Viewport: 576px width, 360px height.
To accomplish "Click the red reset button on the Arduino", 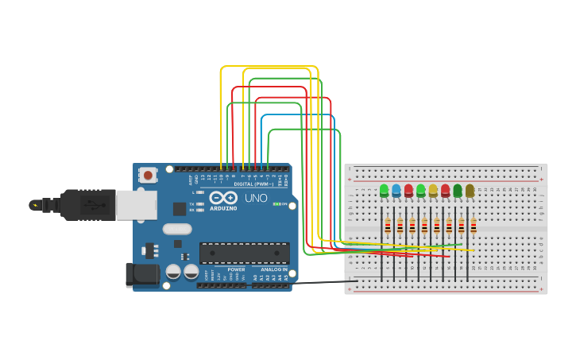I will pyautogui.click(x=147, y=174).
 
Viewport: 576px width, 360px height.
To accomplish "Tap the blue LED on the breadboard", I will pyautogui.click(x=396, y=190).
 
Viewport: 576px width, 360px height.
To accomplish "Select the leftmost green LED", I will pyautogui.click(x=385, y=190).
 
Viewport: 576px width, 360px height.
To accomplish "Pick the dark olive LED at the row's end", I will pyautogui.click(x=470, y=190).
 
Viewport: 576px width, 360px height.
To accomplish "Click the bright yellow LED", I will pyautogui.click(x=433, y=190).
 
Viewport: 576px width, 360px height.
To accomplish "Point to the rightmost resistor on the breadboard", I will pyautogui.click(x=473, y=226).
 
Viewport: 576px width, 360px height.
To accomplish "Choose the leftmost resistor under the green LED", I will pyautogui.click(x=388, y=226).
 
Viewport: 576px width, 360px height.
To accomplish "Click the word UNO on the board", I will pyautogui.click(x=256, y=198).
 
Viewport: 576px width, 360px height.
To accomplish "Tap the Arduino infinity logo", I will pyautogui.click(x=223, y=197).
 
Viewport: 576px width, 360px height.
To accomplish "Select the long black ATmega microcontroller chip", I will pyautogui.click(x=244, y=253).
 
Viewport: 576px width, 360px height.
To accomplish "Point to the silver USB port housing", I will pyautogui.click(x=136, y=204).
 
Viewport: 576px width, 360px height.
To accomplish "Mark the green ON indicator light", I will pyautogui.click(x=276, y=204).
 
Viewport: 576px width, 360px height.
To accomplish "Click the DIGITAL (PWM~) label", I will pyautogui.click(x=253, y=184).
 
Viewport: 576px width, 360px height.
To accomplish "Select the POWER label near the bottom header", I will pyautogui.click(x=237, y=269).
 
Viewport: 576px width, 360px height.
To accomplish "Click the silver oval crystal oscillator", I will pyautogui.click(x=177, y=229).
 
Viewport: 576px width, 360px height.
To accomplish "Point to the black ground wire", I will pyautogui.click(x=318, y=282).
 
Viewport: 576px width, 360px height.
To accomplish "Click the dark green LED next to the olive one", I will pyautogui.click(x=458, y=190).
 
